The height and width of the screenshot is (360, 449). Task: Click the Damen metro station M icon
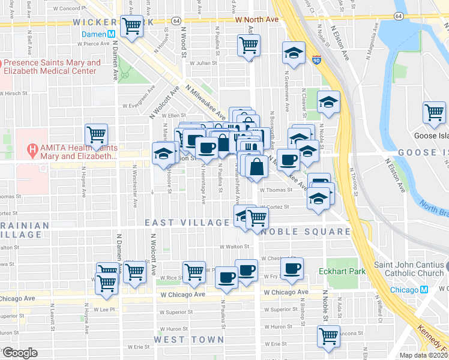tap(112, 34)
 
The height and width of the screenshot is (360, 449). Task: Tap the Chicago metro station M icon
tap(424, 290)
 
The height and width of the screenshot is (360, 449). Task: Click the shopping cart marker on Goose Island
tap(433, 113)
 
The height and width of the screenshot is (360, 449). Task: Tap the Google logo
tap(19, 353)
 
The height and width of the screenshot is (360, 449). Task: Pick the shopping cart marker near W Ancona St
tap(328, 337)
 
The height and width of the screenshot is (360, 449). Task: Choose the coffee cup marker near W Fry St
tap(292, 269)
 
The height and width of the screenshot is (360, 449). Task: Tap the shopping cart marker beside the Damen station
tap(131, 27)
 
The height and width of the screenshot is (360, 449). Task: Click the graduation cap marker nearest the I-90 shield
tap(294, 54)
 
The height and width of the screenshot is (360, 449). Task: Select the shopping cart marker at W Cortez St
tap(258, 218)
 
